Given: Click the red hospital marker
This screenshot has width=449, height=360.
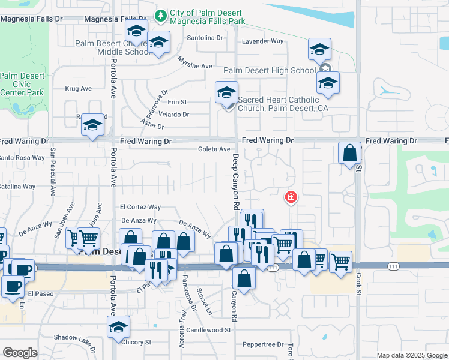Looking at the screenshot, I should pyautogui.click(x=291, y=197).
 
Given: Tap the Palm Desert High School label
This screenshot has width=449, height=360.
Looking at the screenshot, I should pyautogui.click(x=269, y=70).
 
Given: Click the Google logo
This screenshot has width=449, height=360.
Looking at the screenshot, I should pyautogui.click(x=20, y=353).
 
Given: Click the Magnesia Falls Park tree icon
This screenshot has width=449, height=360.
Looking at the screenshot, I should pyautogui.click(x=160, y=14).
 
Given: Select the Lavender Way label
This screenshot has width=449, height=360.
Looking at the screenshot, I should pyautogui.click(x=262, y=41).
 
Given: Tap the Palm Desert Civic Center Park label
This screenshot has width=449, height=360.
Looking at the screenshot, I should pyautogui.click(x=22, y=85).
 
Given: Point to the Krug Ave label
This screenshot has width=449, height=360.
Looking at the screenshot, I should pyautogui.click(x=78, y=89).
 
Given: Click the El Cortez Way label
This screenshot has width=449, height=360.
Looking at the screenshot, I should pyautogui.click(x=140, y=206).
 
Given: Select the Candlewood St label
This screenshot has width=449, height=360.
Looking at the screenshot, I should pyautogui.click(x=208, y=330).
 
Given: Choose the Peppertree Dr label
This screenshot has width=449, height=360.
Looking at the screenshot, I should pyautogui.click(x=263, y=344).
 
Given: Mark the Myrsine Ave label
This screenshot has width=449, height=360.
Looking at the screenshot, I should pyautogui.click(x=196, y=62).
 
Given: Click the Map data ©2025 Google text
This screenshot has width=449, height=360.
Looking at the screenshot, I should pyautogui.click(x=412, y=355).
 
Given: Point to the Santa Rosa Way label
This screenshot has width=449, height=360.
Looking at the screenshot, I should pyautogui.click(x=22, y=158).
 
